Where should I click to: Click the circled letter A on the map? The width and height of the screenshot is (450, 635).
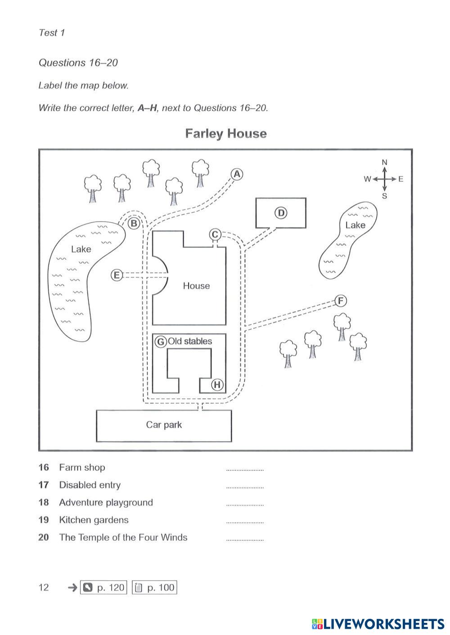coord(237,174)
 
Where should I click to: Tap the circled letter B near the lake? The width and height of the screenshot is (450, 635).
coord(134,223)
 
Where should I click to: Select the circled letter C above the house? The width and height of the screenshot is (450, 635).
coord(215,234)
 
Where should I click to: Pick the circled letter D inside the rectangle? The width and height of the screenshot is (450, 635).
coord(280,213)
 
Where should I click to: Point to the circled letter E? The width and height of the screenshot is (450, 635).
coord(117,275)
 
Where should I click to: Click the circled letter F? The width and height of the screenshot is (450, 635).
coord(341,300)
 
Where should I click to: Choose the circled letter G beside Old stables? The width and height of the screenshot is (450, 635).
coord(160,342)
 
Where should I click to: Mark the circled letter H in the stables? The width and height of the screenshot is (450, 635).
coord(217,385)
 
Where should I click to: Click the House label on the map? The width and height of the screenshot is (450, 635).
coord(196,286)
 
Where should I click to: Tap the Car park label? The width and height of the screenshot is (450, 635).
coord(164,425)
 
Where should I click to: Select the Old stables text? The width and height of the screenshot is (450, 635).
coord(190,341)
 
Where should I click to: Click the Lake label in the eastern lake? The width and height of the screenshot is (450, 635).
coord(355,225)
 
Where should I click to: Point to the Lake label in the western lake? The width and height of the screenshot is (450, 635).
coord(81,249)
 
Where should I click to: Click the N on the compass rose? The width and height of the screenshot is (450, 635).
coord(384,162)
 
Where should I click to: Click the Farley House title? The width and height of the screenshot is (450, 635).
coord(226,134)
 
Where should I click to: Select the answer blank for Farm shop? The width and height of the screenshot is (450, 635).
coord(245,469)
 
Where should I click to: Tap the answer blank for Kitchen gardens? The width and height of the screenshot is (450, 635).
coord(245,522)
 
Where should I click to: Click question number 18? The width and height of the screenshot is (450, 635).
coord(44,502)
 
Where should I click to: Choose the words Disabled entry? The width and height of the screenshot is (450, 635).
coord(90,485)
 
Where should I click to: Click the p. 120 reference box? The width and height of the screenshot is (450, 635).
coord(103,587)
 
